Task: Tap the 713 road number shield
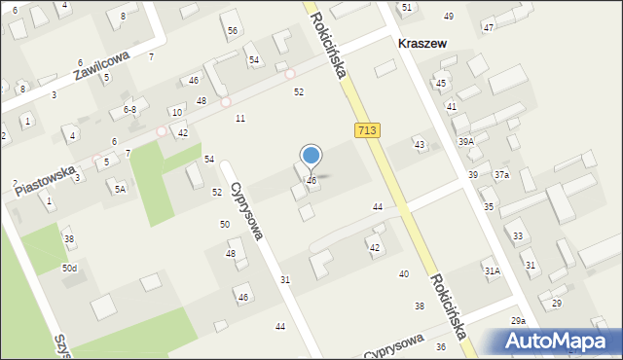pyautogui.click(x=367, y=130)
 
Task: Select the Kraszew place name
pyautogui.click(x=426, y=44)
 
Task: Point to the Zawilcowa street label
pyautogui.click(x=100, y=67)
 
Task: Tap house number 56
pyautogui.click(x=233, y=30)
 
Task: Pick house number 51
pyautogui.click(x=407, y=7)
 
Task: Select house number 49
pyautogui.click(x=449, y=17)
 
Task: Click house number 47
pyautogui.click(x=488, y=27)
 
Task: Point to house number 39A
pyautogui.click(x=466, y=141)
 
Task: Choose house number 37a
pyautogui.click(x=500, y=174)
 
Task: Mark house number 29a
pyautogui.click(x=518, y=320)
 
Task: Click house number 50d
pyautogui.click(x=70, y=268)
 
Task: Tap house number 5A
pyautogui.click(x=120, y=189)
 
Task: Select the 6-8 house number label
pyautogui.click(x=129, y=110)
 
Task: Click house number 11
pyautogui.click(x=240, y=118)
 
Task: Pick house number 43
pyautogui.click(x=420, y=144)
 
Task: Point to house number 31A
pyautogui.click(x=493, y=270)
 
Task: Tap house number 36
pyautogui.click(x=441, y=346)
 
